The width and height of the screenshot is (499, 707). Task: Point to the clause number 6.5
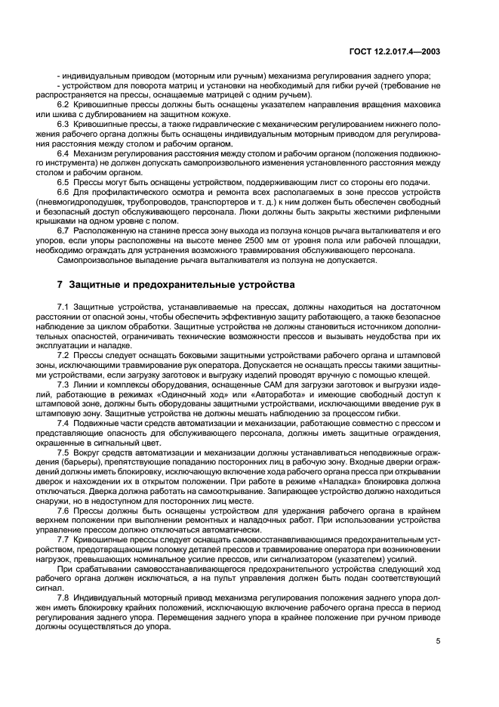(63, 182)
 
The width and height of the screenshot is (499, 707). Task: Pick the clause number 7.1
(63, 307)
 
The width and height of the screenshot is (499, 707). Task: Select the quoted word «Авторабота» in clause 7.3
(264, 395)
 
